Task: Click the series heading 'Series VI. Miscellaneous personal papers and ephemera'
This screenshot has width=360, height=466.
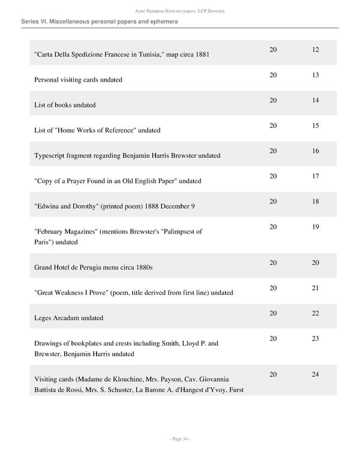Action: point(100,22)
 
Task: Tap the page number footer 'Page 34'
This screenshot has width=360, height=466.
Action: point(179,439)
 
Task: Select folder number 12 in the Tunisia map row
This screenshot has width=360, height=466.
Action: point(316,49)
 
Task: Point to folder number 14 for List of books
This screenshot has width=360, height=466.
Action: point(316,100)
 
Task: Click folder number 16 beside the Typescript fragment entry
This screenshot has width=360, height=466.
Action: point(316,151)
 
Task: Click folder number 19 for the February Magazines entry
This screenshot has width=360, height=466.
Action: point(316,228)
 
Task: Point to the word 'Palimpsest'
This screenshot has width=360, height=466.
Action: point(183,231)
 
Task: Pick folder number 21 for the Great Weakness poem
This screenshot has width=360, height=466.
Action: point(316,288)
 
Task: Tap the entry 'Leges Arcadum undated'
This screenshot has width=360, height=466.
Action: point(69,318)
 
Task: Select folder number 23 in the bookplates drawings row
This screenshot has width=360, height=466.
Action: point(316,339)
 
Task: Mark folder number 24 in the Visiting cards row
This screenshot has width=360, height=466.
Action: point(316,375)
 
